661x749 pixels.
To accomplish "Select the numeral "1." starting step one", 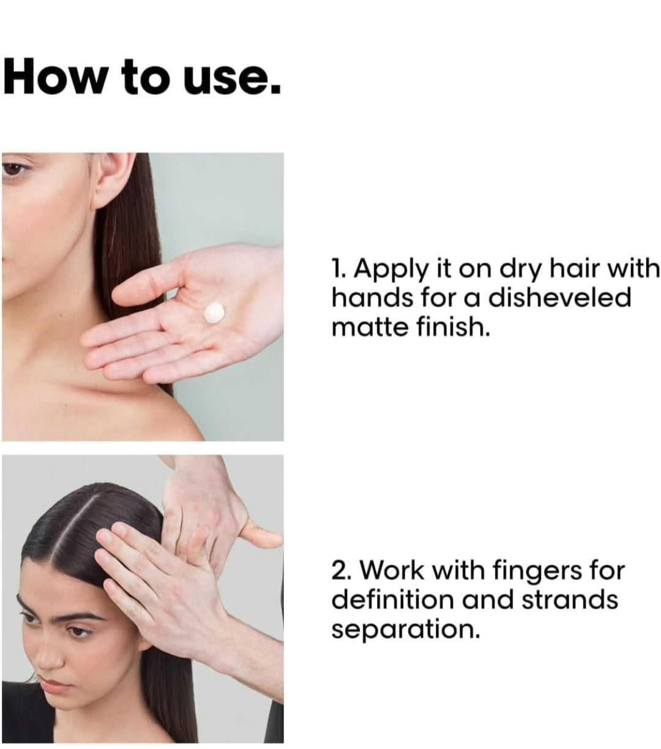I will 340,269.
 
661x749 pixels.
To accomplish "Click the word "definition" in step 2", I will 392,600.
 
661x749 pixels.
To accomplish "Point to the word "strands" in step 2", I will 569,600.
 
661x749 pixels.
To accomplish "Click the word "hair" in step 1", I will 583,269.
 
